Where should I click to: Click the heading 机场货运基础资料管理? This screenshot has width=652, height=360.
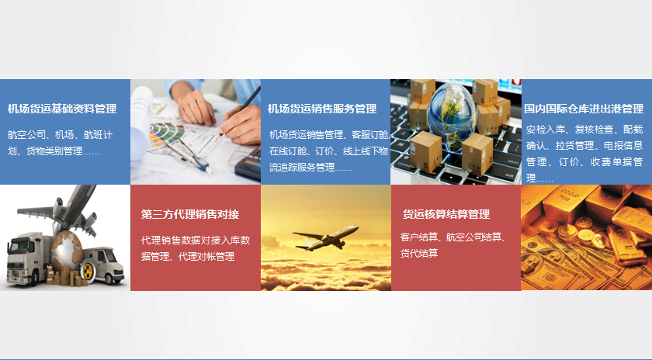(x=62, y=109)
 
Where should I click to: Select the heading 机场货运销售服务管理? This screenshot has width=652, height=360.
(x=322, y=109)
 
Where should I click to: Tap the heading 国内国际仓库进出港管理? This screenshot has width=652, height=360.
(x=584, y=109)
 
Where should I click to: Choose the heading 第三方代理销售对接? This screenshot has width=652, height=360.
(x=190, y=214)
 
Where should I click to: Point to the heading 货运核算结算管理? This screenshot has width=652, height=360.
(x=446, y=214)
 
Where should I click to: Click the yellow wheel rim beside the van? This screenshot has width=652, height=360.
(x=87, y=270)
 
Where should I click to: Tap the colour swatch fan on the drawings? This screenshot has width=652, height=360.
(x=165, y=134)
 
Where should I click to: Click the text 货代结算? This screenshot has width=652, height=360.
(x=419, y=253)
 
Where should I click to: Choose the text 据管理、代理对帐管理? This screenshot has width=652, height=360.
(x=188, y=257)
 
